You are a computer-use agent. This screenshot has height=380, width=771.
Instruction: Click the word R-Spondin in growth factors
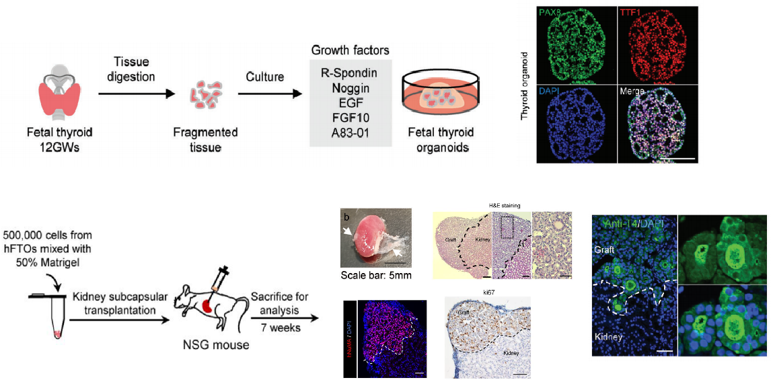350,71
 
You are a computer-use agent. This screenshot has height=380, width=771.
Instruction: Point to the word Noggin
350,87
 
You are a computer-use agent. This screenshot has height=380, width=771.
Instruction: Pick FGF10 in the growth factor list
350,118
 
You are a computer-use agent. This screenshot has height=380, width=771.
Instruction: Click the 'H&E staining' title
503,205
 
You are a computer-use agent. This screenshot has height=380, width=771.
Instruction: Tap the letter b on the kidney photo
346,217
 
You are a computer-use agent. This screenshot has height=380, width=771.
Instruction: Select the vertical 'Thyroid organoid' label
525,87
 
